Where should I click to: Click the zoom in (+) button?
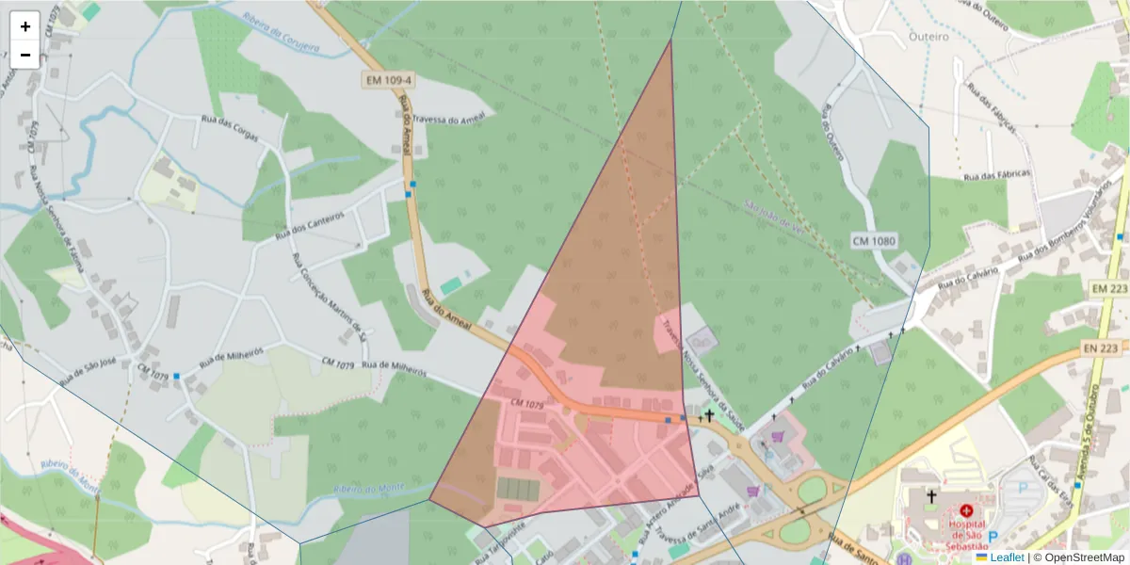25,26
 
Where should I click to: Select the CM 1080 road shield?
873,241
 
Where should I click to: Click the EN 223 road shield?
1107,349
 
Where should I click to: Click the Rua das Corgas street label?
229,121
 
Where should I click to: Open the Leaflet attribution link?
1006,557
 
